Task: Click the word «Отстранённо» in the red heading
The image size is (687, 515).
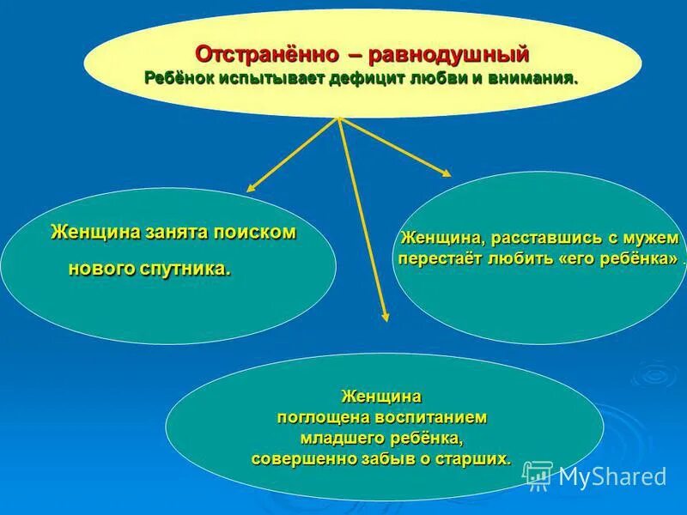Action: (x=267, y=55)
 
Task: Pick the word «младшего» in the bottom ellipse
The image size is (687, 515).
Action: (x=329, y=439)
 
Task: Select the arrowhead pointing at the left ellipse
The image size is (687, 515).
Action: (x=252, y=188)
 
